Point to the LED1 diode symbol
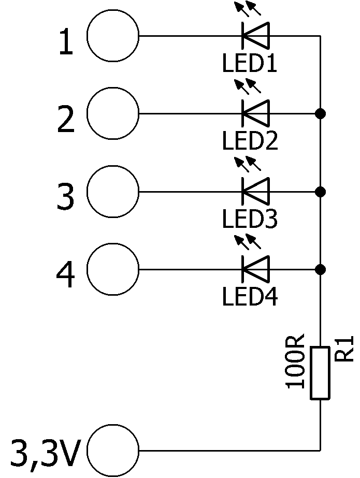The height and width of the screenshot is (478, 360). pyautogui.click(x=256, y=36)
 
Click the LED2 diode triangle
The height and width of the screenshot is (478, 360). pyautogui.click(x=256, y=113)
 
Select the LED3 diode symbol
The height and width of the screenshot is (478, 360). pyautogui.click(x=256, y=192)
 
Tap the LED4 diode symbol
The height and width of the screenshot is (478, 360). pyautogui.click(x=256, y=269)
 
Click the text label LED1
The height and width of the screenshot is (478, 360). pyautogui.click(x=250, y=63)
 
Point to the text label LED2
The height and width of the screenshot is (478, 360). pyautogui.click(x=250, y=140)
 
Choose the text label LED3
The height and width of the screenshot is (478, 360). pyautogui.click(x=250, y=219)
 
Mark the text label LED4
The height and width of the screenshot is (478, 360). pyautogui.click(x=250, y=296)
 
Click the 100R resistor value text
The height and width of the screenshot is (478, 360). pyautogui.click(x=295, y=361)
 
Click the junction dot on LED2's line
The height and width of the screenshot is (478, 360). pyautogui.click(x=320, y=113)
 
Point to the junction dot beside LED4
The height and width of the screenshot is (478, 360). pyautogui.click(x=320, y=269)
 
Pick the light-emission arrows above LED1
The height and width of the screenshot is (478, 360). pyautogui.click(x=248, y=8)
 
